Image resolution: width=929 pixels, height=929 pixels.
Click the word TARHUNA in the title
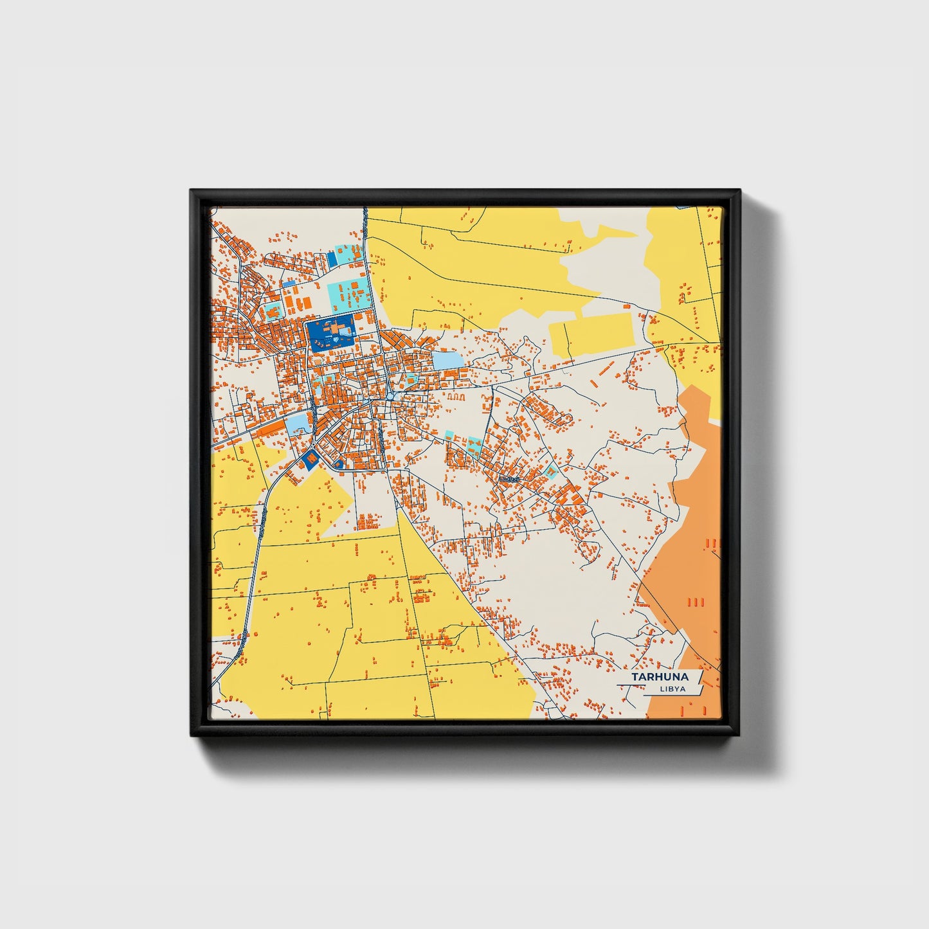(x=659, y=677)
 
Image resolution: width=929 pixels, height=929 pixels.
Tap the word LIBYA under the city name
(x=672, y=689)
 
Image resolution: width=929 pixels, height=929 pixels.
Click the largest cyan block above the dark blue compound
(x=349, y=294)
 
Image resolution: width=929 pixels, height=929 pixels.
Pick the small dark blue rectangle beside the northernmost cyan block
(x=332, y=258)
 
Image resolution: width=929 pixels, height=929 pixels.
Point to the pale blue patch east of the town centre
(x=447, y=360)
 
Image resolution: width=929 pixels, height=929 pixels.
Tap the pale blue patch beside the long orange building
(x=299, y=423)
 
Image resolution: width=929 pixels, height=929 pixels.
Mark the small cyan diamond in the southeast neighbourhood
(x=550, y=473)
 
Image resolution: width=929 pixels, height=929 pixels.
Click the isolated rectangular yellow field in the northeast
(x=591, y=334)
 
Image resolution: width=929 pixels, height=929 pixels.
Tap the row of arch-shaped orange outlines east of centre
(x=455, y=397)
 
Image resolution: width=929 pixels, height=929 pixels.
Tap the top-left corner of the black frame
(x=192, y=192)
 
